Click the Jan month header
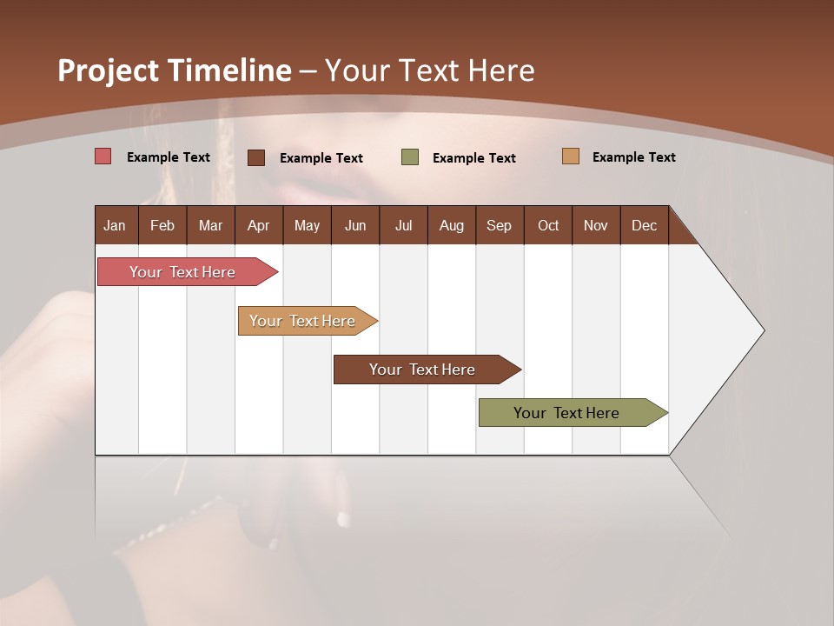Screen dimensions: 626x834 115,225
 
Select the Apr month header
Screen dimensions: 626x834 258,225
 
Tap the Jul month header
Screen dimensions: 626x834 403,225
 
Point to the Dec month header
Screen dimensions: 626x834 644,225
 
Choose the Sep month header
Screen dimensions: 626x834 499,225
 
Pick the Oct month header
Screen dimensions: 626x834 548,225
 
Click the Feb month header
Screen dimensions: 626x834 162,225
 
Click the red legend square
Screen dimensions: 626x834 103,156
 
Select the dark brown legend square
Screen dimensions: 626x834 256,157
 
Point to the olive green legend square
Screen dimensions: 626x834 410,157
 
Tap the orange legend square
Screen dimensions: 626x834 570,156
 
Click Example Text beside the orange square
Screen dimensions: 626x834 633,157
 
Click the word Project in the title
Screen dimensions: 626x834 109,71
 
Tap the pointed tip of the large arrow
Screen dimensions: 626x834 762,330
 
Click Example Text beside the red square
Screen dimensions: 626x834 169,157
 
